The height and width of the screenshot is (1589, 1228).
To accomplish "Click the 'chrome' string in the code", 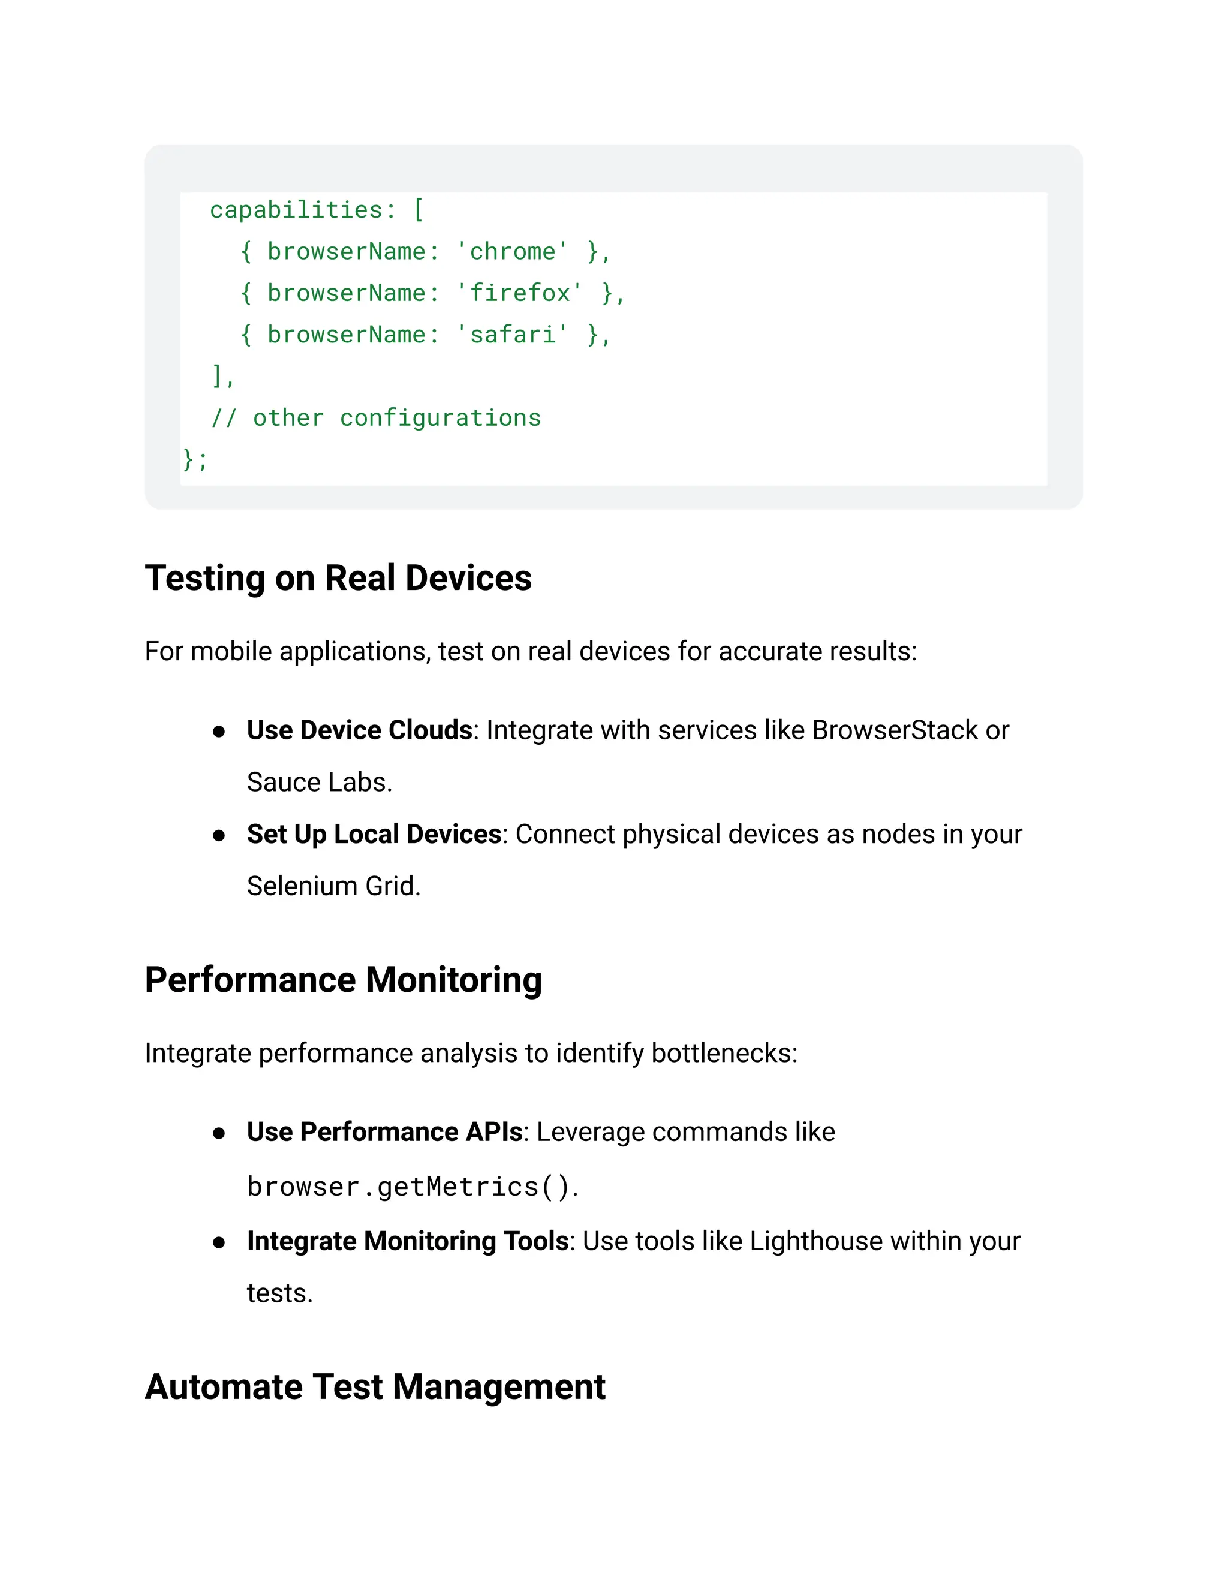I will tap(512, 252).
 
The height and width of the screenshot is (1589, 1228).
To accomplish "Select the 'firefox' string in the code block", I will tap(519, 293).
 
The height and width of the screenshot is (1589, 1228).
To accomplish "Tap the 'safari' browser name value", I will tap(512, 335).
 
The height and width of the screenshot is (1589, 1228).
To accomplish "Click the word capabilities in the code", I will tap(296, 210).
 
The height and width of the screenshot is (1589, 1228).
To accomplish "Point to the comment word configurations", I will tap(440, 419).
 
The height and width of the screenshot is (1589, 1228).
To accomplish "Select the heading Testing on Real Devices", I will tap(338, 579).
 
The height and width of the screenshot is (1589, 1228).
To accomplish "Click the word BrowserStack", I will tap(895, 730).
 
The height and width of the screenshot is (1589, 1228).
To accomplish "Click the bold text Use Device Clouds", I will tap(359, 730).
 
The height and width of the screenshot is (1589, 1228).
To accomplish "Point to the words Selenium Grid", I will tap(333, 886).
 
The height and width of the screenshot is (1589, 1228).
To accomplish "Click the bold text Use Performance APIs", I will tap(385, 1132).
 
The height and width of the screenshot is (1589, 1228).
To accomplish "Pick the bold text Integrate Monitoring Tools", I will tap(407, 1241).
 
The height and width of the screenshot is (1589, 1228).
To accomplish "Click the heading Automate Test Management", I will tap(375, 1387).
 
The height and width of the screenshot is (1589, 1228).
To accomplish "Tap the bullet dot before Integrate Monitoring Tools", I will tap(219, 1242).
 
